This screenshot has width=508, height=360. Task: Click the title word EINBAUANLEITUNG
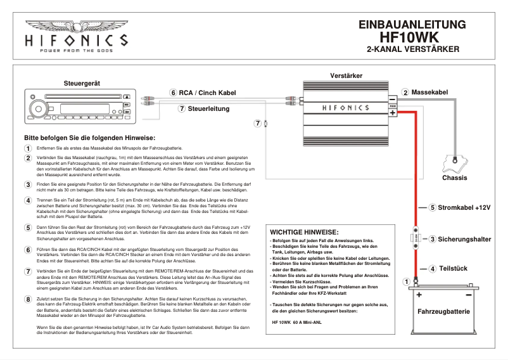(412, 25)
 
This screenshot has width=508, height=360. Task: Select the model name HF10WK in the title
(412, 38)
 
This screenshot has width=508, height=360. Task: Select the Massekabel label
(429, 93)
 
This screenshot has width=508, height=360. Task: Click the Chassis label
(454, 178)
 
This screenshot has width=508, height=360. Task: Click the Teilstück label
(453, 269)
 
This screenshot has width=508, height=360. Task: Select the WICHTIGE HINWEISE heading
(304, 233)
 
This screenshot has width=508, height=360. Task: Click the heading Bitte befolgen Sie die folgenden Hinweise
(89, 138)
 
